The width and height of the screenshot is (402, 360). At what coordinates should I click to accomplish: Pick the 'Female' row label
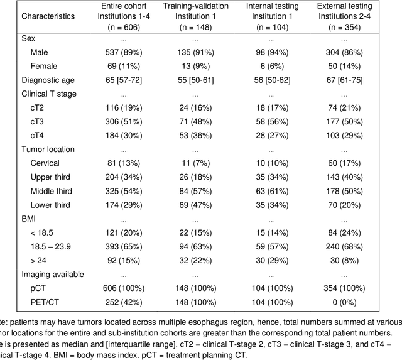pyautogui.click(x=43, y=66)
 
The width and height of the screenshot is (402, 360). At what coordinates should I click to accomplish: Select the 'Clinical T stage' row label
pyautogui.click(x=50, y=94)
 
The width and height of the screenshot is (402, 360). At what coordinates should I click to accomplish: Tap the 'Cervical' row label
pyautogui.click(x=46, y=163)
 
